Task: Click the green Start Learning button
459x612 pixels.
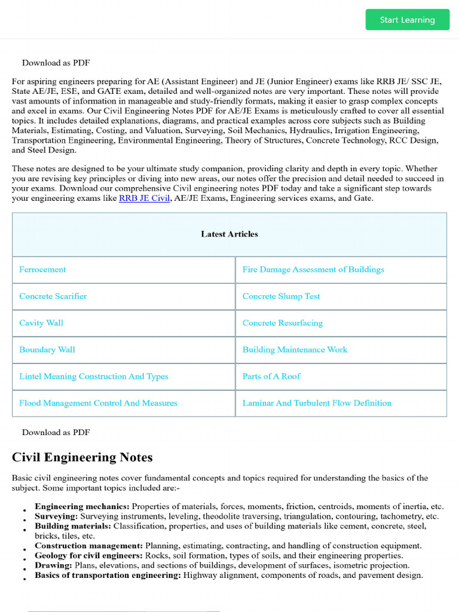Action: [x=407, y=20]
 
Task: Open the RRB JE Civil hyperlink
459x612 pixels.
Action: [x=144, y=198]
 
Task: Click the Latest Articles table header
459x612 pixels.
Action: [x=229, y=234]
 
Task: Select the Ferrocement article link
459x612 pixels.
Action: [x=42, y=270]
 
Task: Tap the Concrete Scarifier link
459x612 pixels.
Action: [x=53, y=296]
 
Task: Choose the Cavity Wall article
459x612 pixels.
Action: [x=41, y=323]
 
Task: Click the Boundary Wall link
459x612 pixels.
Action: [x=47, y=350]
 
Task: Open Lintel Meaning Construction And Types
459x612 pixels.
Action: [x=93, y=377]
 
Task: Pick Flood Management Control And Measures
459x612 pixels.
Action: [x=98, y=403]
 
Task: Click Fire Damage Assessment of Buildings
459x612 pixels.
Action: [x=313, y=270]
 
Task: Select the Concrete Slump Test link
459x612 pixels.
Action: [x=281, y=296]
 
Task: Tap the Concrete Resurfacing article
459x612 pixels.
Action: [x=282, y=323]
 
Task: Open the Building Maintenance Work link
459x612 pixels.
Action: [x=295, y=350]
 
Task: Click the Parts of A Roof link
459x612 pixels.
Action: [x=271, y=377]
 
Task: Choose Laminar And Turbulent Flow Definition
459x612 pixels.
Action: [x=317, y=403]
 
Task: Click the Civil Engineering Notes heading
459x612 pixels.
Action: [x=82, y=457]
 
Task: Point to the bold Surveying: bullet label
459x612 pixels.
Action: [x=56, y=516]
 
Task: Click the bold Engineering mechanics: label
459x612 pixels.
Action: [x=82, y=506]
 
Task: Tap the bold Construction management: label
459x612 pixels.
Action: [x=88, y=546]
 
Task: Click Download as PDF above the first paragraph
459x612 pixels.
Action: [x=56, y=63]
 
